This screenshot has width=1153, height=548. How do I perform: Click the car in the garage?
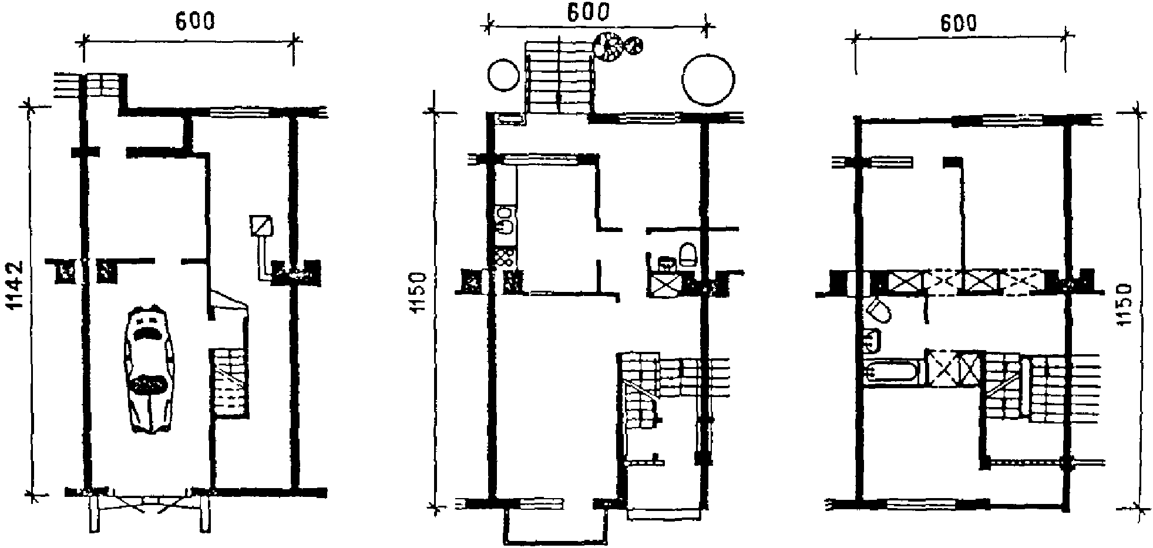(149, 370)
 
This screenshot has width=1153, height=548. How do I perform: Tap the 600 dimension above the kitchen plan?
(587, 13)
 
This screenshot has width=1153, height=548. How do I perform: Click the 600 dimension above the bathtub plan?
(958, 23)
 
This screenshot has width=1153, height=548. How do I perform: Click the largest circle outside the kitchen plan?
(708, 80)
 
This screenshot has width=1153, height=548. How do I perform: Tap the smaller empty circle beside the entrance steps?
(504, 75)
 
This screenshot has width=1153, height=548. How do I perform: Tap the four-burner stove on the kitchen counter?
(505, 258)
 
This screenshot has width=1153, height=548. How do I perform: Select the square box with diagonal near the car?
(261, 226)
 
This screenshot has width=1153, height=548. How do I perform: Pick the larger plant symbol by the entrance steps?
(608, 46)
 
